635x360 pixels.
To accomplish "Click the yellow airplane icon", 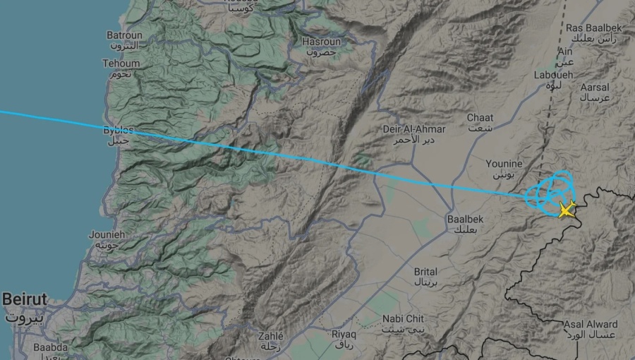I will tap(566, 209).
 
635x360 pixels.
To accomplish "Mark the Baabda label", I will tap(51, 349).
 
